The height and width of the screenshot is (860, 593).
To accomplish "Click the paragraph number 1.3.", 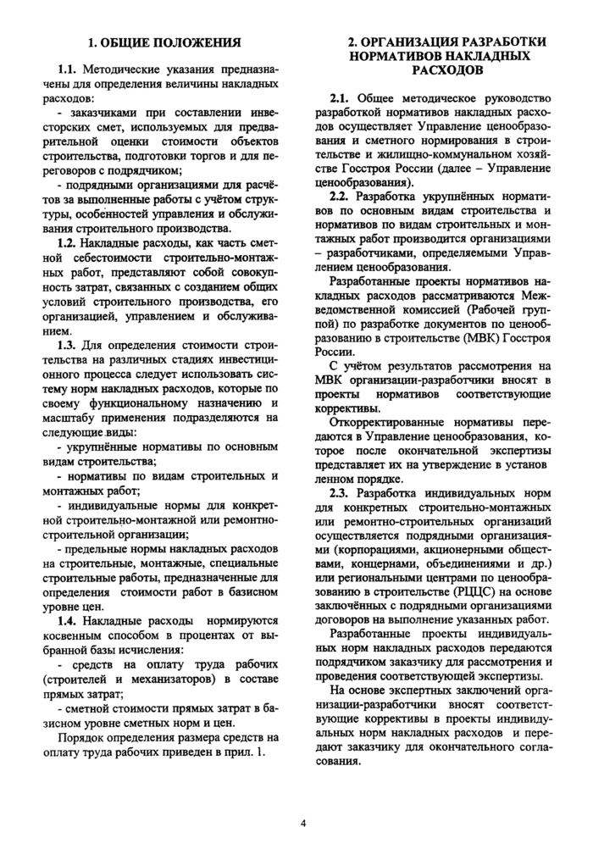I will pos(68,347).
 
